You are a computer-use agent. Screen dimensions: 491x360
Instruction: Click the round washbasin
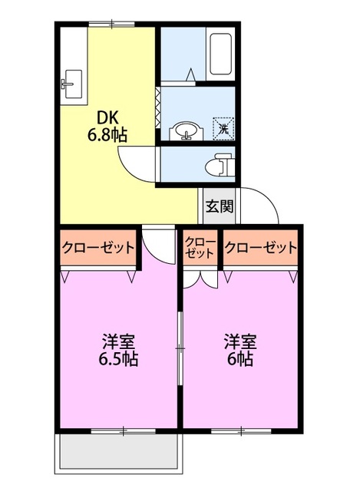[184, 131]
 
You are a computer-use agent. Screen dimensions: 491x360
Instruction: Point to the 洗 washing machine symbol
[223, 127]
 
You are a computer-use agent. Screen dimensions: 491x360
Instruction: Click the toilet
[221, 164]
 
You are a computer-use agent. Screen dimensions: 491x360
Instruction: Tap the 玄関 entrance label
[219, 206]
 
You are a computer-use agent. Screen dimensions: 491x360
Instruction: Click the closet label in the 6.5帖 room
[98, 248]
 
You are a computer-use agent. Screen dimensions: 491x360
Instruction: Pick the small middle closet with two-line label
[200, 247]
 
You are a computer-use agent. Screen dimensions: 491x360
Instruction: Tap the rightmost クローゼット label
[261, 248]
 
